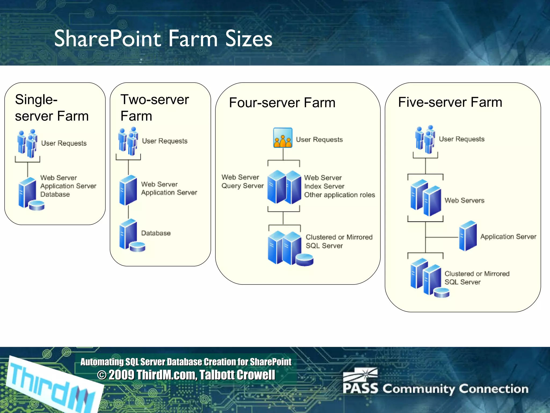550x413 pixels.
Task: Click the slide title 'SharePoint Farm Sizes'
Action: [163, 39]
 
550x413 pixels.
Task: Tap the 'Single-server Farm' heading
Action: [52, 108]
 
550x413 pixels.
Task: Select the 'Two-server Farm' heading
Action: [155, 108]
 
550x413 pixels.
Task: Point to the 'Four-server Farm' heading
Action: [282, 103]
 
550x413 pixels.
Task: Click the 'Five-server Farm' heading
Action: [450, 102]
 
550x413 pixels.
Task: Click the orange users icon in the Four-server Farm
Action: [283, 138]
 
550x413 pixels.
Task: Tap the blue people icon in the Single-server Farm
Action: [27, 144]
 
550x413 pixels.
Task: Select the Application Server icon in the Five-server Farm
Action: [468, 236]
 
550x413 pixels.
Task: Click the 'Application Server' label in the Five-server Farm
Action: [508, 237]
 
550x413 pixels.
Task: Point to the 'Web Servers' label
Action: [464, 201]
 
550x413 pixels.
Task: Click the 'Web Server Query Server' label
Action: [242, 181]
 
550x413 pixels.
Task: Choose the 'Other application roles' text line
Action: [339, 195]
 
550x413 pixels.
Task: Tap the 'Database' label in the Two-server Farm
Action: [156, 233]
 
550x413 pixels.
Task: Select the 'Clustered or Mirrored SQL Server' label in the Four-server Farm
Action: [339, 241]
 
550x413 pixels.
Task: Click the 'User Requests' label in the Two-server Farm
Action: [165, 141]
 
